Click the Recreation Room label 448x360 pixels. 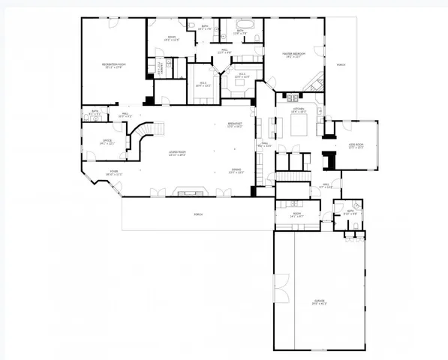tap(113, 67)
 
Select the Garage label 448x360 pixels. tap(320, 303)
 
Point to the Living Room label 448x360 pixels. tap(177, 155)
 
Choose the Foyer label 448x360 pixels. tap(113, 172)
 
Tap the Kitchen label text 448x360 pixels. tap(298, 110)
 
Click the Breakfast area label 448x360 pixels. tap(235, 125)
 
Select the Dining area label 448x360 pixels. tap(236, 172)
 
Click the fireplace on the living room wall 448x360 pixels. tap(185, 191)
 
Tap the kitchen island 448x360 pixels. tap(298, 127)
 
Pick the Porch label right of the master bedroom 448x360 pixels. tap(341, 64)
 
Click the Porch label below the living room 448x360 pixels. tap(198, 214)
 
